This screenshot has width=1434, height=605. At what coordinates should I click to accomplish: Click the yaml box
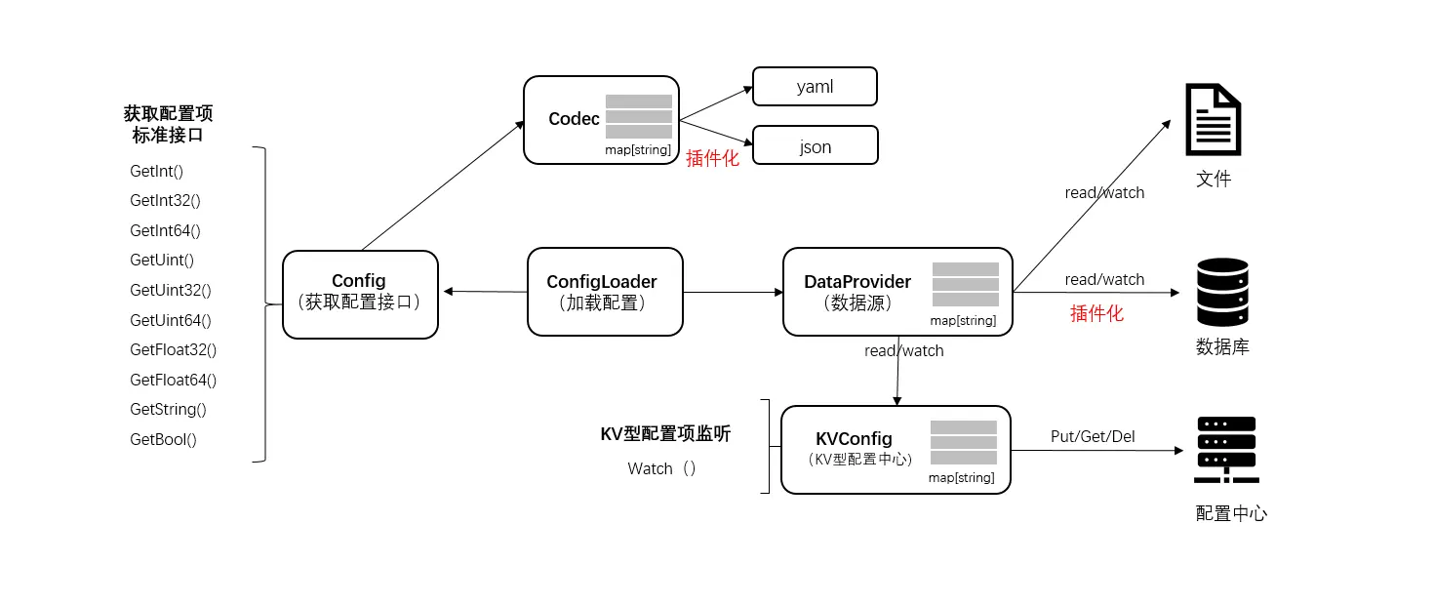(x=815, y=87)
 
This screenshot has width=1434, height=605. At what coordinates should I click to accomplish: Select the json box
(x=815, y=145)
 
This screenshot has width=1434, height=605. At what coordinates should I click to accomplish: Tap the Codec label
(x=574, y=119)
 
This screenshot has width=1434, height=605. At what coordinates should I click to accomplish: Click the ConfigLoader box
(x=605, y=292)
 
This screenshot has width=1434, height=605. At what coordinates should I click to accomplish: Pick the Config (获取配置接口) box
(x=360, y=294)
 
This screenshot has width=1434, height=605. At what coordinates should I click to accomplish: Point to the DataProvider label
(x=856, y=282)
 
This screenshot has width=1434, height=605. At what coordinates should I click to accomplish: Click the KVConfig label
(x=854, y=439)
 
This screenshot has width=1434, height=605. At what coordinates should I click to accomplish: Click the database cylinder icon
(x=1222, y=292)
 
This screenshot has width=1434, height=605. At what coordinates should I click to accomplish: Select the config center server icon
(x=1225, y=450)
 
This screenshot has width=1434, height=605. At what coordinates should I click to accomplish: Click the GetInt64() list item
(x=165, y=231)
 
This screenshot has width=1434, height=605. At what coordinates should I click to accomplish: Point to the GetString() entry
(x=168, y=410)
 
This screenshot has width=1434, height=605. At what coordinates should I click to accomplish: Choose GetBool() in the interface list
(x=163, y=439)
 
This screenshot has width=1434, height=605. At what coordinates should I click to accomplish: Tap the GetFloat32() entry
(x=173, y=349)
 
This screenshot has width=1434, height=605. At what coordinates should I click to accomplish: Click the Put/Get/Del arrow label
(x=1092, y=436)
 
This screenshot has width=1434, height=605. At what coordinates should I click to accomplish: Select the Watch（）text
(x=662, y=468)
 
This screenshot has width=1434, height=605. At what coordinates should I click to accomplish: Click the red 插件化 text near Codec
(x=712, y=158)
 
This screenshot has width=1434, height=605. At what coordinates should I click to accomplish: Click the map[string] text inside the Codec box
(x=637, y=149)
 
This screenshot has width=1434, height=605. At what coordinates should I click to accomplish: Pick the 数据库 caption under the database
(x=1222, y=347)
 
